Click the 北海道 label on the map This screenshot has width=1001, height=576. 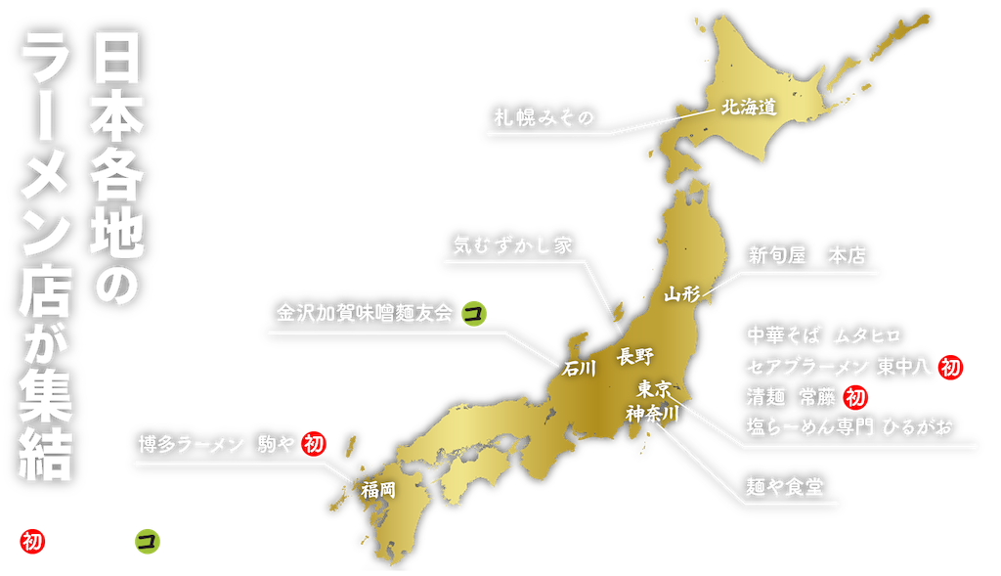click(749, 108)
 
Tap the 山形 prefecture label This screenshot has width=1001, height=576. click(681, 293)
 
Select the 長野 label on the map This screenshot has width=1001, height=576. click(634, 356)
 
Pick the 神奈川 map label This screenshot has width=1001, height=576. click(653, 412)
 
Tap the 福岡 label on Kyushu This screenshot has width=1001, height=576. click(378, 489)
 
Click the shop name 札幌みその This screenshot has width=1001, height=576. click(542, 117)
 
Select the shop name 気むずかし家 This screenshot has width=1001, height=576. click(513, 244)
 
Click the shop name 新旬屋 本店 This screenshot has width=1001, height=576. click(807, 256)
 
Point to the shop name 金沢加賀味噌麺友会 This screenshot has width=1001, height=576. click(365, 313)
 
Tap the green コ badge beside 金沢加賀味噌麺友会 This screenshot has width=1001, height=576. click(475, 313)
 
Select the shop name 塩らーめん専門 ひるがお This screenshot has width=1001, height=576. click(848, 427)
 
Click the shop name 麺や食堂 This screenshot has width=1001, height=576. click(783, 487)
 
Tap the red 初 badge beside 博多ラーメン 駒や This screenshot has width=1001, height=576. click(313, 444)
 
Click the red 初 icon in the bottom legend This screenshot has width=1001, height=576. click(31, 540)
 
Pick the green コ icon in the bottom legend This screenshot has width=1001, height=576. click(148, 540)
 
